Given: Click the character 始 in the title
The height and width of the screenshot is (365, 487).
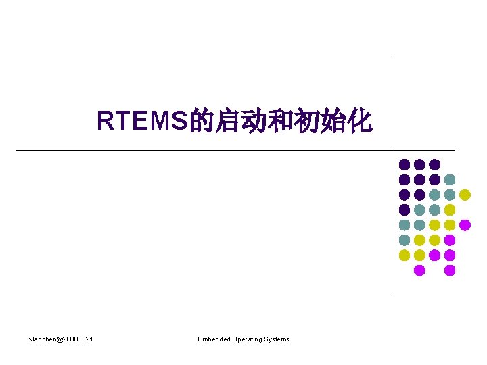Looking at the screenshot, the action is point(335,122).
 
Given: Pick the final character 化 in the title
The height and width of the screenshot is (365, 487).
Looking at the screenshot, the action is point(360,122).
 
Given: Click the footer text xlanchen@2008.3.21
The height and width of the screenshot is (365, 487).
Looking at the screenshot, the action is point(61,339).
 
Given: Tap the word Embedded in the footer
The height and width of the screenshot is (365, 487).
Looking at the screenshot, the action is point(214,339).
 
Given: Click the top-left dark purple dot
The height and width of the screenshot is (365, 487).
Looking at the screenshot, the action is point(404,164).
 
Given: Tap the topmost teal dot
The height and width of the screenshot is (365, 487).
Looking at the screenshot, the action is point(450,180).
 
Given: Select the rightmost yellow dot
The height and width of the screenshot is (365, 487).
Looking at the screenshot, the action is point(465,195).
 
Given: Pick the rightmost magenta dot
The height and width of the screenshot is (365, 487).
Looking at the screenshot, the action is point(465,225).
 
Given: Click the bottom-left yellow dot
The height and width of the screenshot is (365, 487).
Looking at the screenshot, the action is point(404,255).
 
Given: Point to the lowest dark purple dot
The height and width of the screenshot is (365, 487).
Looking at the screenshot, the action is point(404,210).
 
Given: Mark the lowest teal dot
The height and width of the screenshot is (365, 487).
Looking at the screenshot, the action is point(404,240).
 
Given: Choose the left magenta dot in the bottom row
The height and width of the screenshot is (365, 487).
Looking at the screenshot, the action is point(419,270).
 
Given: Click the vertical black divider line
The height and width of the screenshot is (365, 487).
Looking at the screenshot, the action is point(390,101).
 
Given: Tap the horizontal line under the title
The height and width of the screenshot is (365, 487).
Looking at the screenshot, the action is point(203,150).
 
